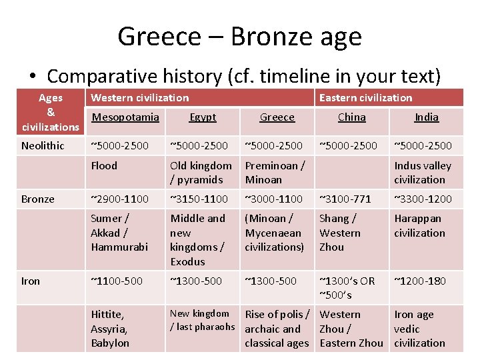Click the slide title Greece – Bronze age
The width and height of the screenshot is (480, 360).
[239, 36]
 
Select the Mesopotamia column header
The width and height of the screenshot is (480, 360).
[125, 117]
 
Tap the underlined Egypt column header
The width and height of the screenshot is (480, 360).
[203, 117]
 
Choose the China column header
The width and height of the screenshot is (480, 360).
[351, 117]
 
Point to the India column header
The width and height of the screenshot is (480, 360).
[427, 117]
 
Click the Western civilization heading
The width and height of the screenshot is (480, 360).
[139, 98]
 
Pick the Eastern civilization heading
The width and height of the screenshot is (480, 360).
[365, 98]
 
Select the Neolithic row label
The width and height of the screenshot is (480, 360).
[43, 145]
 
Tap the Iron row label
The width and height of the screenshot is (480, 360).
[31, 281]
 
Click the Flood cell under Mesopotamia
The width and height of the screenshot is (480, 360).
[104, 165]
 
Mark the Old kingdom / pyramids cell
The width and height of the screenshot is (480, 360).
[201, 172]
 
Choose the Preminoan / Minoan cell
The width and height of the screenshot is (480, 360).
[275, 172]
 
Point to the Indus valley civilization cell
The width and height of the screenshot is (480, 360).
[423, 172]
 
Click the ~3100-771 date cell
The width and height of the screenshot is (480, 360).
[345, 199]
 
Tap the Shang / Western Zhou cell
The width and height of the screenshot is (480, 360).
[339, 233]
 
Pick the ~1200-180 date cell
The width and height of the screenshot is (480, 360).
[420, 281]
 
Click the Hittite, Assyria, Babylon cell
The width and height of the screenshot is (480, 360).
[110, 329]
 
